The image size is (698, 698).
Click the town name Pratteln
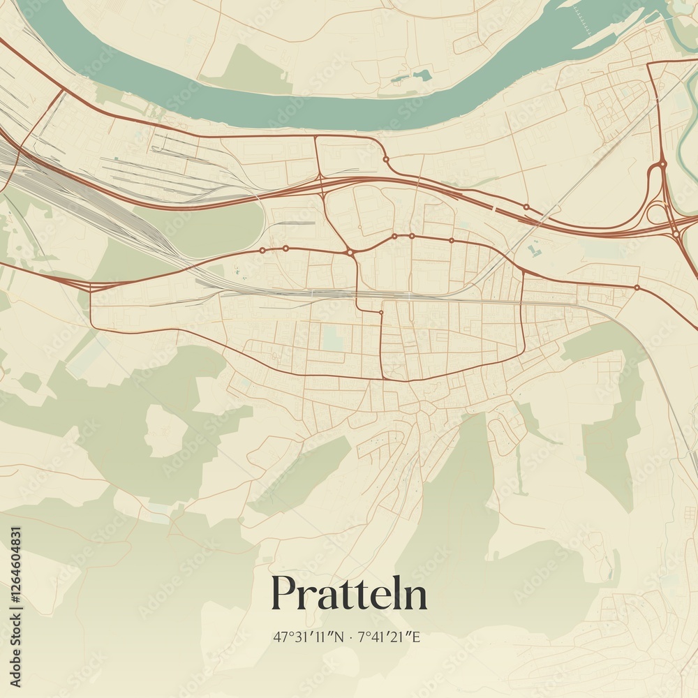coord(349,594)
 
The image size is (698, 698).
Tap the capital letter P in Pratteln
coord(283,593)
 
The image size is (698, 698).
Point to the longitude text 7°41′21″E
coord(388,637)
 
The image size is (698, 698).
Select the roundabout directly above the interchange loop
coord(662,165)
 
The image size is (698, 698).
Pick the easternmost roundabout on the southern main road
coord(637,287)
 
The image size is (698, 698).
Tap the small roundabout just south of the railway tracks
coord(381,312)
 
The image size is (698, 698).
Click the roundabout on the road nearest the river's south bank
coord(386,159)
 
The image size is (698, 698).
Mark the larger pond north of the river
coord(422,74)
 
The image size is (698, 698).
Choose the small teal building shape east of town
coord(535,249)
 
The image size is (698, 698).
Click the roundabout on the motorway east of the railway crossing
coord(526,207)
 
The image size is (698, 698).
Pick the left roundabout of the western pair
coord(262,249)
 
